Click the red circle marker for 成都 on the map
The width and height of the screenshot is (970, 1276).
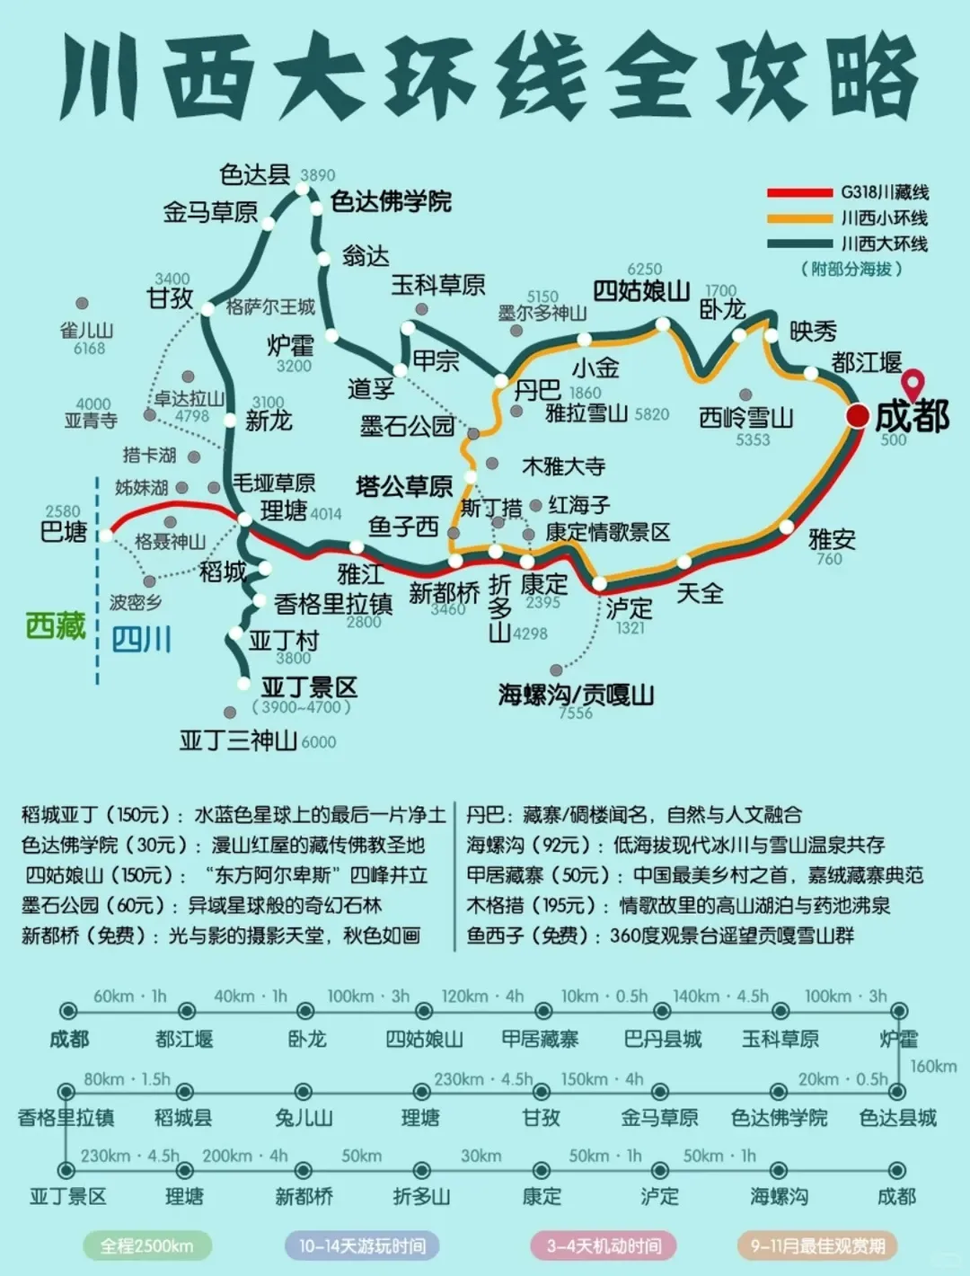pos(858,415)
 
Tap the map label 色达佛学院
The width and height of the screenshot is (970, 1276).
pos(391,201)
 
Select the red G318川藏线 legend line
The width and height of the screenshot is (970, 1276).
pos(799,192)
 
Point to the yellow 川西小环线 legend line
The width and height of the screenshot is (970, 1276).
pos(799,218)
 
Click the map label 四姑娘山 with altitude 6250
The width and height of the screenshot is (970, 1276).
pos(641,290)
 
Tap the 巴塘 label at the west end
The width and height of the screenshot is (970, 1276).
pos(64,532)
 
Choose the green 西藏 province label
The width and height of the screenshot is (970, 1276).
pos(56,625)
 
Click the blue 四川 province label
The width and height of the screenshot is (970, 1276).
pos(141,640)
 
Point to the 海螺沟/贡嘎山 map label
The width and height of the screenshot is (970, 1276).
pos(576,694)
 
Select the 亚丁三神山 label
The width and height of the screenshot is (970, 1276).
pos(238,740)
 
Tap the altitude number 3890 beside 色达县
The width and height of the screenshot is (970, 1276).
pos(317,175)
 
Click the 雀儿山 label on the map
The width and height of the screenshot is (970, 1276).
pos(86,330)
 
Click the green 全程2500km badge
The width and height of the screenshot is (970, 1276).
pos(146,1245)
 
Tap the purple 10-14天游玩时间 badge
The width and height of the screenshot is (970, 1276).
pos(362,1245)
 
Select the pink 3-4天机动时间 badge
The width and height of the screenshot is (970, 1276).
pos(604,1245)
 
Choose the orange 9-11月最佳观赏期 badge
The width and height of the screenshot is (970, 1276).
pos(817,1245)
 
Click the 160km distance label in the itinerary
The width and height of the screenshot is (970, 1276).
pos(933,1066)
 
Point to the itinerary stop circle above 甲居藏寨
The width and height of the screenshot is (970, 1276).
pos(541,1010)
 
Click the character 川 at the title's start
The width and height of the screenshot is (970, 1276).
pos(99,79)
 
